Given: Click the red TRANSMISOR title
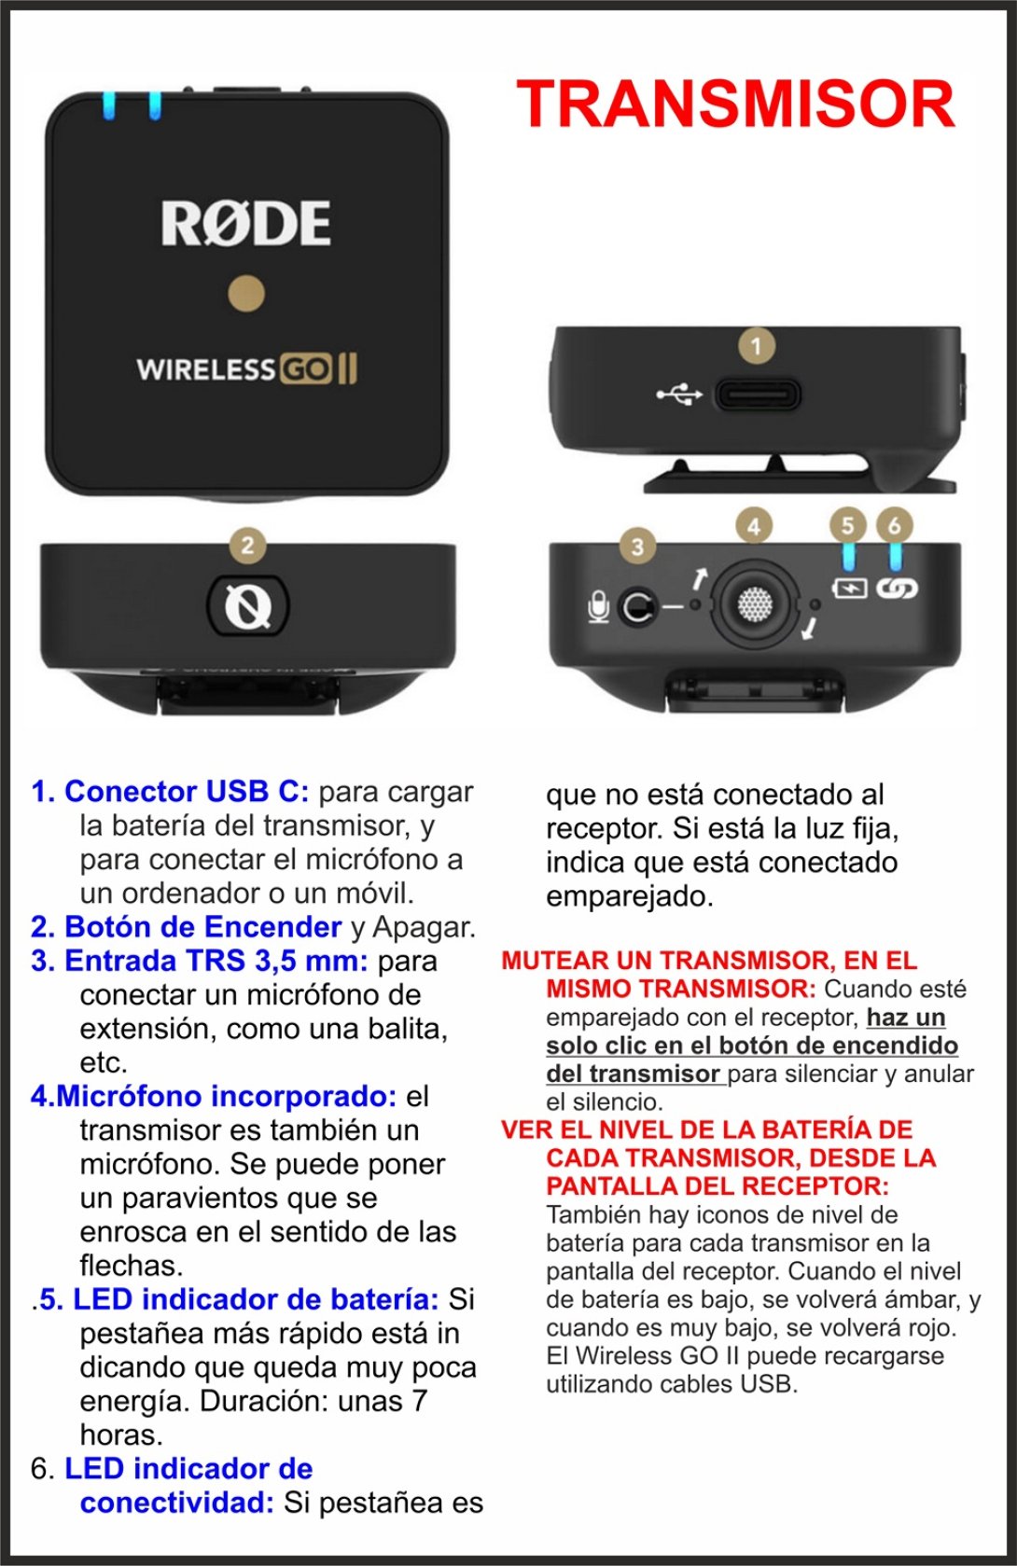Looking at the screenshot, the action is pos(736,104).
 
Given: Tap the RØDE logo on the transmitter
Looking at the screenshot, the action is pos(246,223).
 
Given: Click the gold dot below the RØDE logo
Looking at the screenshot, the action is pos(246,293).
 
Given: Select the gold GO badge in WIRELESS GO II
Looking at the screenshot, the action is pos(305,369).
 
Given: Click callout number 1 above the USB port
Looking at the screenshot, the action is pos(756,345).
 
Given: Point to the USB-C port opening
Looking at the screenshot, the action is pos(758,395).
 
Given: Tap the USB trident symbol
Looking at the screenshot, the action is pos(679,395).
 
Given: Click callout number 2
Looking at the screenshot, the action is pos(247,545).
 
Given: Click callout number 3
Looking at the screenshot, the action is pos(637,546).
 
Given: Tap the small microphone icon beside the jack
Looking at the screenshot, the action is pos(598,606).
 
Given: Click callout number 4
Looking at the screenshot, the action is pos(754,526).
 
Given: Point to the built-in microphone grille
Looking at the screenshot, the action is pos(754,603).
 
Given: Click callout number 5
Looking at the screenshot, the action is pos(848,525).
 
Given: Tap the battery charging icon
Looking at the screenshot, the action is pos(849,588).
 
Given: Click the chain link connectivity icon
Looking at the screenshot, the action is pos(897,589).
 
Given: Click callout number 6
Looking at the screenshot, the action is pos(895,524).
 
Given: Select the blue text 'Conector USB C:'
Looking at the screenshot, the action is pos(187,792).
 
